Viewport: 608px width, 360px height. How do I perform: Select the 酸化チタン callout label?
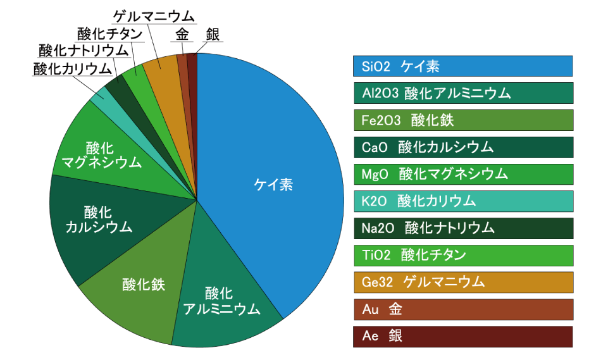pyautogui.click(x=106, y=34)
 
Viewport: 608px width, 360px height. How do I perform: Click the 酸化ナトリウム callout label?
pyautogui.click(x=83, y=51)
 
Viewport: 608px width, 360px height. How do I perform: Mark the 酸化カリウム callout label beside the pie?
pyautogui.click(x=72, y=68)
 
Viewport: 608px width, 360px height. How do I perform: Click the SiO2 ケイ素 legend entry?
pyautogui.click(x=463, y=66)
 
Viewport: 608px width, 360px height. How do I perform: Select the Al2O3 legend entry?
pyautogui.click(x=463, y=93)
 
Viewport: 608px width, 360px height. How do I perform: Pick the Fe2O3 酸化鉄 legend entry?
pyautogui.click(x=463, y=120)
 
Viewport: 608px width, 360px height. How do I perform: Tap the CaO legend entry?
pyautogui.click(x=463, y=147)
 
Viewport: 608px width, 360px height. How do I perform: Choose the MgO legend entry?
pyautogui.click(x=463, y=174)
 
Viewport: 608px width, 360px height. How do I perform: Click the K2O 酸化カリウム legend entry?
pyautogui.click(x=463, y=201)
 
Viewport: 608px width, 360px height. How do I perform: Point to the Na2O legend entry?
pyautogui.click(x=463, y=228)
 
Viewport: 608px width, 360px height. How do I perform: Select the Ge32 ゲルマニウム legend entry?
pyautogui.click(x=463, y=282)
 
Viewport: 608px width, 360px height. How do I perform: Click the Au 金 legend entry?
pyautogui.click(x=463, y=309)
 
